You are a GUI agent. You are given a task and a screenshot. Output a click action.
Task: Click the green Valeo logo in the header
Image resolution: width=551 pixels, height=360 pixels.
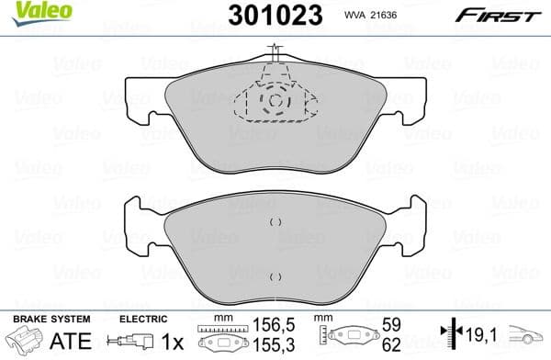click(28, 10)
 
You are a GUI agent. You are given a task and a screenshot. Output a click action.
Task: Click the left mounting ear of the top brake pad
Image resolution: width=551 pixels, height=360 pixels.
click(138, 98)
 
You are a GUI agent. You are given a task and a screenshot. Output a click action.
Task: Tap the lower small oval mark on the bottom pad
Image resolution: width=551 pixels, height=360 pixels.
click(273, 276)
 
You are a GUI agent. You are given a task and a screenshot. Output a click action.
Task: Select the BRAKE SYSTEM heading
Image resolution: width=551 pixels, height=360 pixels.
click(51, 320)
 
